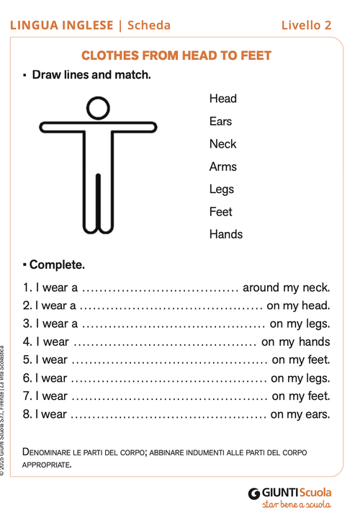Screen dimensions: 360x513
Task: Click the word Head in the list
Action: [222, 99]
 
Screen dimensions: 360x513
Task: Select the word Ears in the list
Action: [220, 121]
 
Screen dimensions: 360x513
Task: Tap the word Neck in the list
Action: [222, 144]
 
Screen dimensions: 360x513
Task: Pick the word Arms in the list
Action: [222, 166]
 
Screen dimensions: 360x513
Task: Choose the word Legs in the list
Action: [221, 189]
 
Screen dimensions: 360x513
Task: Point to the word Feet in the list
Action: [220, 212]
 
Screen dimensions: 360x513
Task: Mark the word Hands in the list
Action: [225, 234]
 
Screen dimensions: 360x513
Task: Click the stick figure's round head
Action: [98, 110]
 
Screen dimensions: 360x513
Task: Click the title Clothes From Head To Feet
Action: [176, 55]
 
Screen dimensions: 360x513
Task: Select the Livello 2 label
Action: [306, 25]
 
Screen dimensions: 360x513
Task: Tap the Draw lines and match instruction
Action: [91, 74]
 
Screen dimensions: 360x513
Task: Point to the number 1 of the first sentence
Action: [26, 287]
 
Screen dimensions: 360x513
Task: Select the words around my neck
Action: [286, 287]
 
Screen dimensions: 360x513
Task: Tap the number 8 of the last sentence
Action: [26, 414]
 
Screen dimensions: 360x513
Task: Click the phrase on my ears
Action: [300, 414]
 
